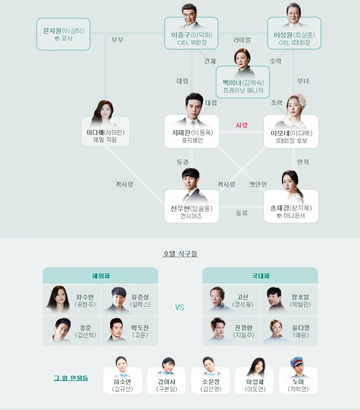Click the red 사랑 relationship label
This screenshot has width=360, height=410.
click(x=241, y=125)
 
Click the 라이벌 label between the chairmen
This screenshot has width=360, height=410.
click(x=242, y=40)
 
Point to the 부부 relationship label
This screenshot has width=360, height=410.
click(x=118, y=40)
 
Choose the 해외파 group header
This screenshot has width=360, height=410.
click(x=100, y=275)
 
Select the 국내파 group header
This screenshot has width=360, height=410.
click(x=260, y=275)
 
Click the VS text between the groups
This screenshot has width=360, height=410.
click(x=179, y=307)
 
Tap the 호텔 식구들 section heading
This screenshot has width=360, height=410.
click(x=180, y=254)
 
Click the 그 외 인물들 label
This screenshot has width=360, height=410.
click(x=71, y=378)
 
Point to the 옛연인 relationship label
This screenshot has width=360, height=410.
click(x=258, y=184)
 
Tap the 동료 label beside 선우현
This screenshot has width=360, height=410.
click(x=242, y=213)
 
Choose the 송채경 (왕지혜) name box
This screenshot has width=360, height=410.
click(x=291, y=211)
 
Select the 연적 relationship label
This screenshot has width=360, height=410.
click(x=303, y=162)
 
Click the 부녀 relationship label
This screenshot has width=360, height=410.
click(x=303, y=81)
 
